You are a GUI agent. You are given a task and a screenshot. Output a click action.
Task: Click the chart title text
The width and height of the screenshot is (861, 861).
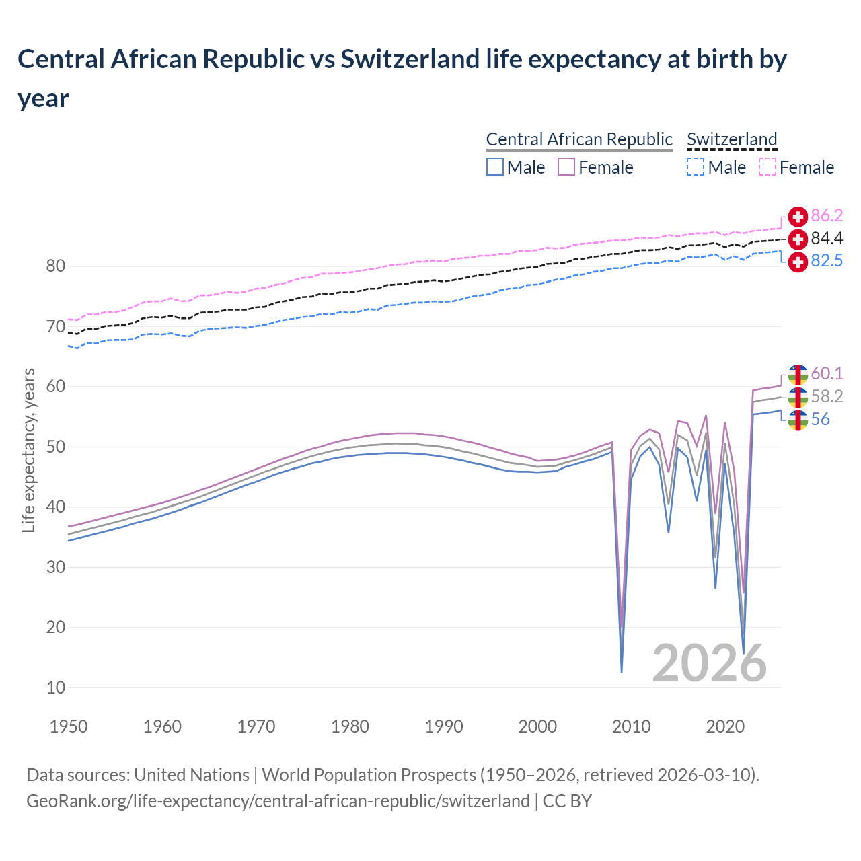coord(402,78)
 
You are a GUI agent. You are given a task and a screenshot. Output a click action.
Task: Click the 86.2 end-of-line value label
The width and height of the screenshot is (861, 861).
coord(827,216)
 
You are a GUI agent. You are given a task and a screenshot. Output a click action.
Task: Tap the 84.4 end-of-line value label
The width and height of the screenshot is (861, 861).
coord(827,239)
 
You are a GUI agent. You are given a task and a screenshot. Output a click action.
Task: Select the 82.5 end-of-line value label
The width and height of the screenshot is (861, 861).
coord(827,261)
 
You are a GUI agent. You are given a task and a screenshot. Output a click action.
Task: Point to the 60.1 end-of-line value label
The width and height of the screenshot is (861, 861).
coord(827,374)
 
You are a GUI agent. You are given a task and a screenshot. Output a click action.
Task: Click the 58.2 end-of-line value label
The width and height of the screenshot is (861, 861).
coord(827,397)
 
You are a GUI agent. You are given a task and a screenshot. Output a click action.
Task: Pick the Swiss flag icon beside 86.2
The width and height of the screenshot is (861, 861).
coord(798,217)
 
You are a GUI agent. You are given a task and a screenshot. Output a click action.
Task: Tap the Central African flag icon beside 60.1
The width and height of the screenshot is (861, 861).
coord(798,374)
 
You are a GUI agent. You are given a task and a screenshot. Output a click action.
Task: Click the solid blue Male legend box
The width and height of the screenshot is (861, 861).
coord(495,167)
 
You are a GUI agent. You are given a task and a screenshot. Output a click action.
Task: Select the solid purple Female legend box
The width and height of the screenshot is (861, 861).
coord(566,167)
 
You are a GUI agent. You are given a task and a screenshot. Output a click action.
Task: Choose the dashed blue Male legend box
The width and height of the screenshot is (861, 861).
coord(696,167)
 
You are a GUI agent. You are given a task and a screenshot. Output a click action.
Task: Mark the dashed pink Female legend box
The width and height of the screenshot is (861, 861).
coord(768,167)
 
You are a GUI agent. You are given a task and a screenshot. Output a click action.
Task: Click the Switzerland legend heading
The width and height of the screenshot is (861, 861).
coord(732,139)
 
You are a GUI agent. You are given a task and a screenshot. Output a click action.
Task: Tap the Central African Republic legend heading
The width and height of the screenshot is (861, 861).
coord(579,139)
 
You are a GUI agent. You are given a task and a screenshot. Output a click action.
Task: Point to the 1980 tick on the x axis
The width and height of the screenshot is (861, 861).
coord(350,726)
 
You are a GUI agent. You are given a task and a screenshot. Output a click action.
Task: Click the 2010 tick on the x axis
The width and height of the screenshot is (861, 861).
coord(632,726)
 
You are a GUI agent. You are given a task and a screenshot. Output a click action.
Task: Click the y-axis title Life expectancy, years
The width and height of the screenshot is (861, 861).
coord(28,451)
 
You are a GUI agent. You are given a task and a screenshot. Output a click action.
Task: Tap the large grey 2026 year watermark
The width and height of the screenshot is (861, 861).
coord(709,663)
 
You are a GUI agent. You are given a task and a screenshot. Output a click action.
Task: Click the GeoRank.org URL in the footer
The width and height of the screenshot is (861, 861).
coord(278,801)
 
